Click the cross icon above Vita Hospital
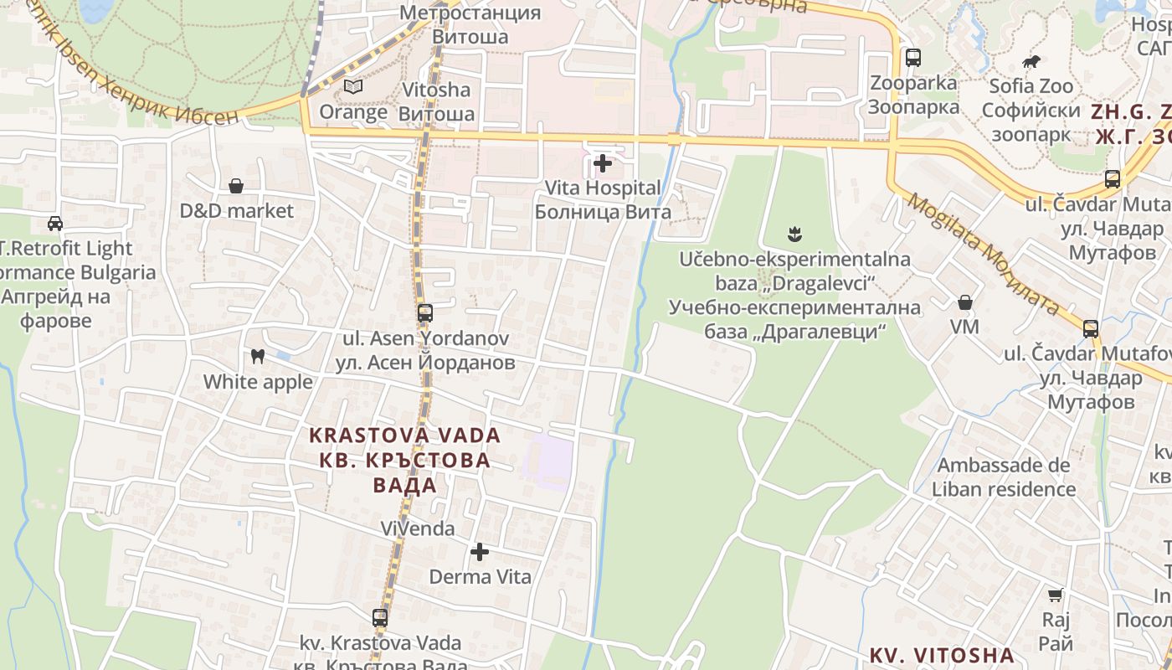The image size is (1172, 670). pos(602,162)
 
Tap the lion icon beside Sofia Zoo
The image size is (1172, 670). pos(1031,62)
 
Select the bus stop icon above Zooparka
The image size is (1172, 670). pos(912,58)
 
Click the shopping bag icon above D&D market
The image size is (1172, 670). pos(236,186)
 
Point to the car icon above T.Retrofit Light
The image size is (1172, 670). pos(55,224)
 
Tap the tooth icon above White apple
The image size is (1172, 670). pos(258,357)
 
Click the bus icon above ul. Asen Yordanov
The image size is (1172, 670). pos(425,313)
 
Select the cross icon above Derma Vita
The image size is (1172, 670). pos(480,552)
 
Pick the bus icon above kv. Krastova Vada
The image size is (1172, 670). pos(380,618)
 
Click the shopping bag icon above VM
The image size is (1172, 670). pos(964,302)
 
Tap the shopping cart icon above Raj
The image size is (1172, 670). pos(1055,595)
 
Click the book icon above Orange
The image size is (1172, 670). pos(353,86)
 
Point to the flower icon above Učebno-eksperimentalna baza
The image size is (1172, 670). pos(794,234)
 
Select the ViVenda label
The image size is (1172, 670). pos(418,528)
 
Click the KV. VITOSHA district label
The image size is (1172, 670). pos(942,655)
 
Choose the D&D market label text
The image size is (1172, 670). pos(237,211)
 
